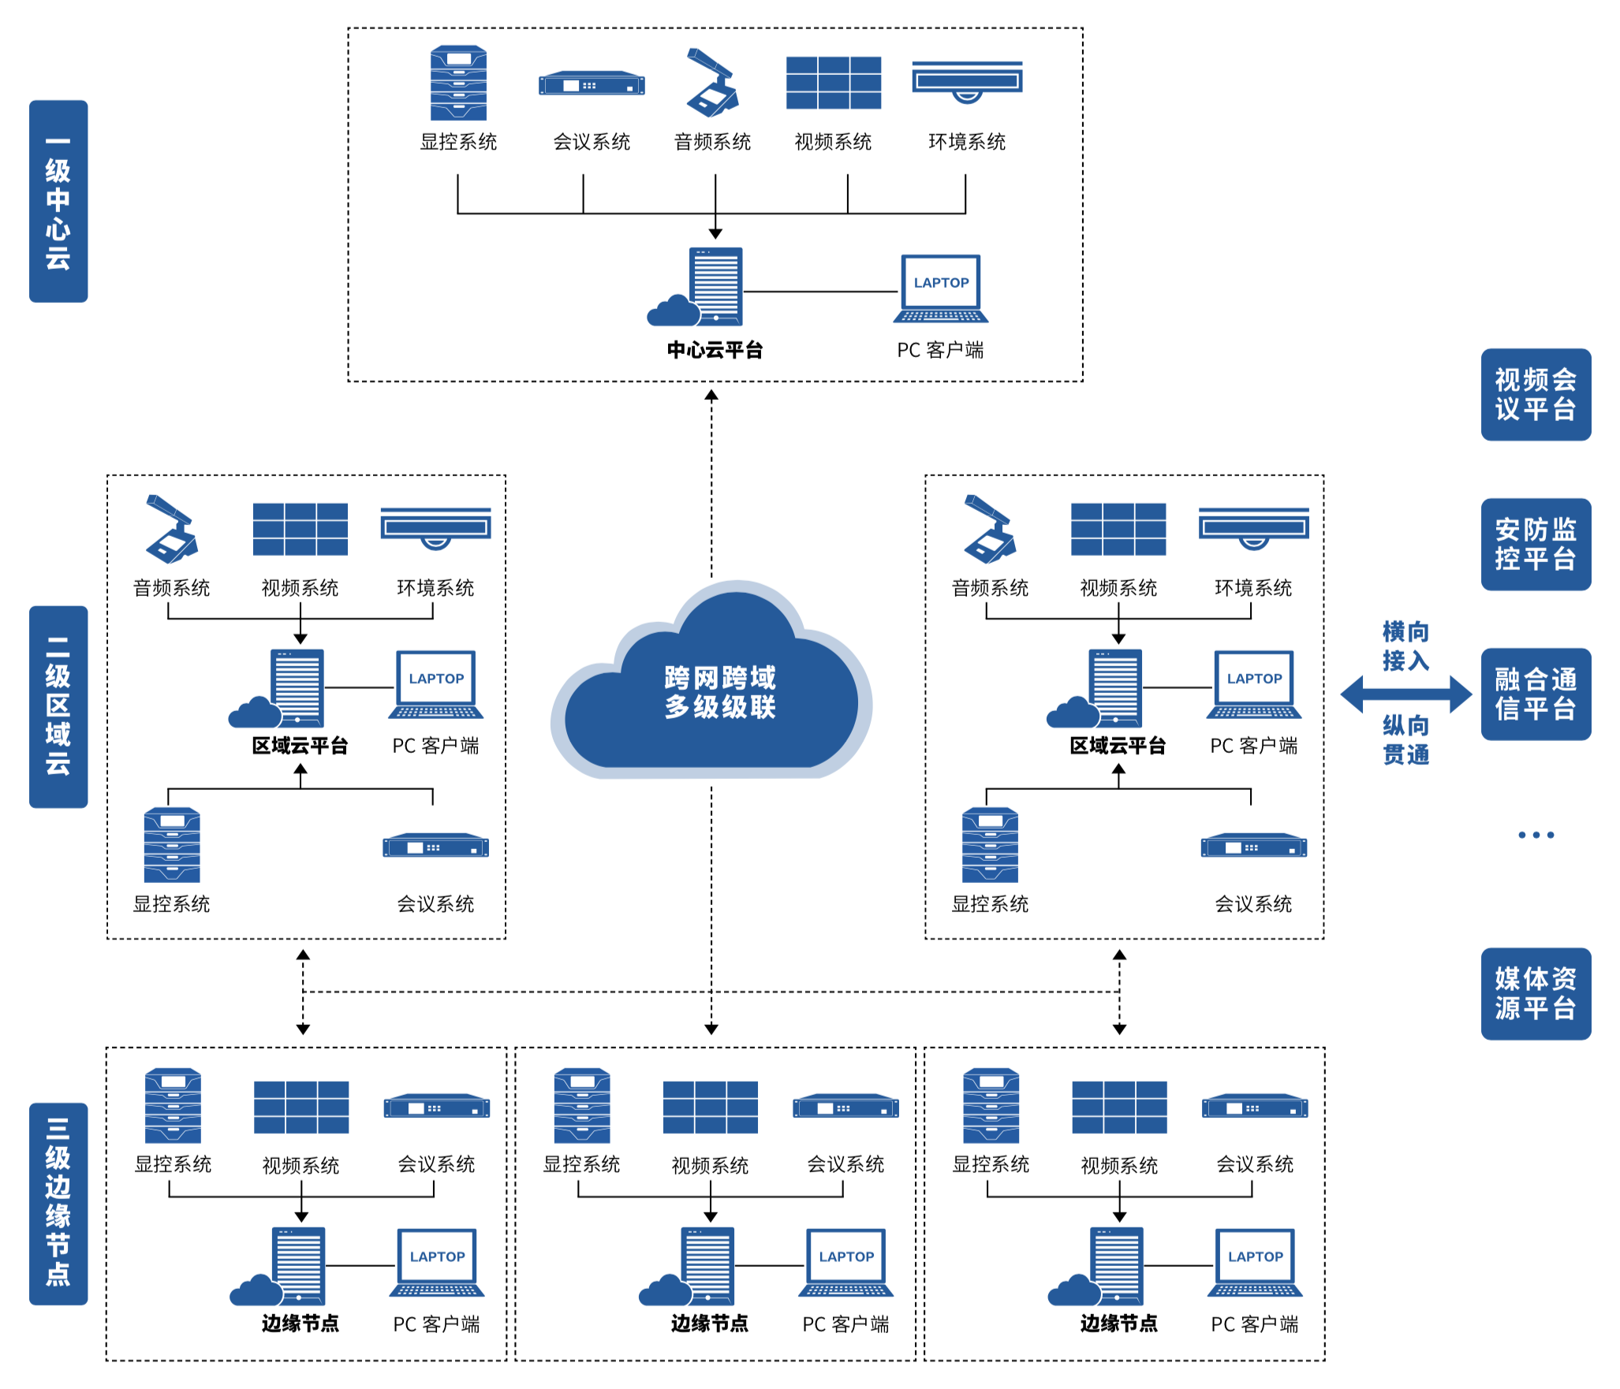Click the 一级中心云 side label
click(58, 201)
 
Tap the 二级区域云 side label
click(58, 706)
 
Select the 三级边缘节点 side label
click(58, 1203)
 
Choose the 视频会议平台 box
click(1535, 394)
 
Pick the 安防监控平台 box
click(1535, 544)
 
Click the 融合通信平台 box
click(1535, 694)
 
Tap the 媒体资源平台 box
click(1535, 993)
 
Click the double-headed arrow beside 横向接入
click(1405, 694)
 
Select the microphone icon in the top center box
click(712, 83)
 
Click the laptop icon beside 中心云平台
click(941, 289)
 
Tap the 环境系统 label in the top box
click(967, 142)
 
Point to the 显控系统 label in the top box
click(458, 142)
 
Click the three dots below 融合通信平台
click(1536, 835)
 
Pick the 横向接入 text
click(1405, 646)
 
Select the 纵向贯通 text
click(1405, 739)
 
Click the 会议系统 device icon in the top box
click(592, 84)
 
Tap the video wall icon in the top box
click(833, 83)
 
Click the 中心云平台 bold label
click(715, 350)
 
